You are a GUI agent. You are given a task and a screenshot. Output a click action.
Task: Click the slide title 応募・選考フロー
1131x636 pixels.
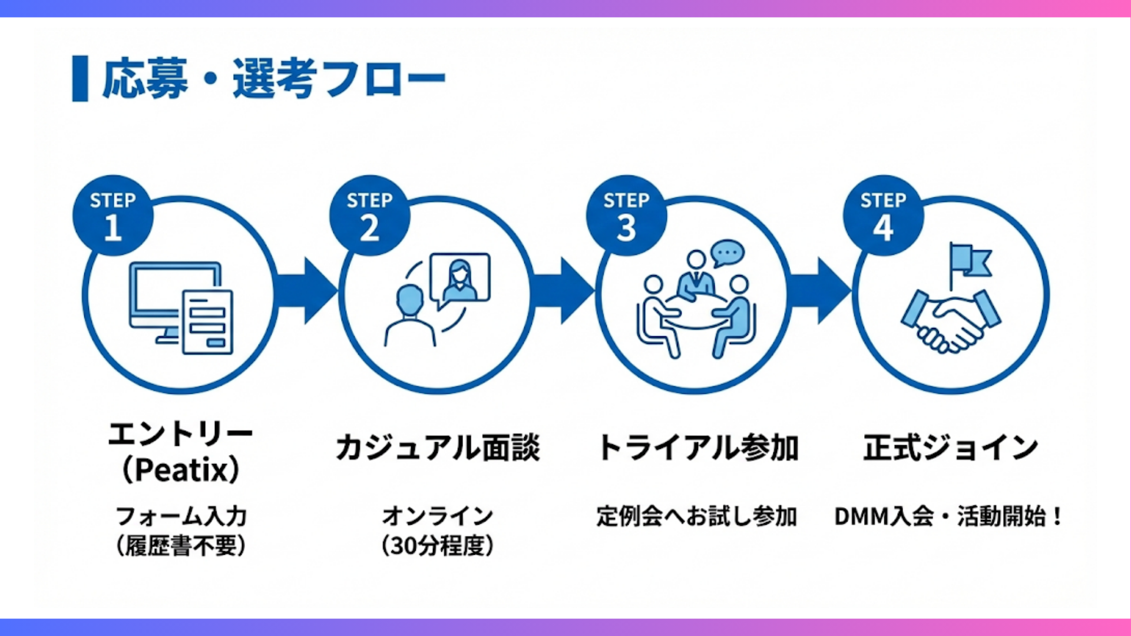pyautogui.click(x=274, y=78)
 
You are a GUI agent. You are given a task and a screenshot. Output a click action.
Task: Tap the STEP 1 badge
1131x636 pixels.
pyautogui.click(x=113, y=216)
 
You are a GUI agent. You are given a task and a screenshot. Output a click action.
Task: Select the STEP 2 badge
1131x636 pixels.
pyautogui.click(x=369, y=216)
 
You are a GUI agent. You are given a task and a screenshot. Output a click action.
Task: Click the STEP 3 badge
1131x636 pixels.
pyautogui.click(x=626, y=216)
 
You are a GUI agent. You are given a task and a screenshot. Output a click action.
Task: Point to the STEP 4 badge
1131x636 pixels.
pyautogui.click(x=883, y=216)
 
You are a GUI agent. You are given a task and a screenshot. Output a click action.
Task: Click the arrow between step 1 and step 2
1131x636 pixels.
pyautogui.click(x=306, y=291)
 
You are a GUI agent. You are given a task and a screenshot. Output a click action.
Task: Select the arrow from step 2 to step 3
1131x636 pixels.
pyautogui.click(x=563, y=291)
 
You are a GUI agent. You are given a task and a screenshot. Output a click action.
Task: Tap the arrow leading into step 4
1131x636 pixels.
pyautogui.click(x=820, y=291)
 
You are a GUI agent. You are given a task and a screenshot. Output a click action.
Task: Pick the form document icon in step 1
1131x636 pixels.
pyautogui.click(x=207, y=322)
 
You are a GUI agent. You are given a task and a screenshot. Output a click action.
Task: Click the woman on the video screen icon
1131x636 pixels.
pyautogui.click(x=460, y=277)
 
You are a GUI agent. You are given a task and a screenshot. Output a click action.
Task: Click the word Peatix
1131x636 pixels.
pyautogui.click(x=181, y=470)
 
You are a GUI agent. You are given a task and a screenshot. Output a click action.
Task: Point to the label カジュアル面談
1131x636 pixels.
pyautogui.click(x=438, y=448)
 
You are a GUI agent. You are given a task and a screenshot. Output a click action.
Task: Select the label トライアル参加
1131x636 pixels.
pyautogui.click(x=698, y=448)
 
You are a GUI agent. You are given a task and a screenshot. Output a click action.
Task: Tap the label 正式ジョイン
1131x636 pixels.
pyautogui.click(x=950, y=448)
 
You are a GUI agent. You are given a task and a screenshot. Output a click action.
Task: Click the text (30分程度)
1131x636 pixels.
pyautogui.click(x=438, y=546)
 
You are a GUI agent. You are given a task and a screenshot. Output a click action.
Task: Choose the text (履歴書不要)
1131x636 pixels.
pyautogui.click(x=181, y=546)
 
